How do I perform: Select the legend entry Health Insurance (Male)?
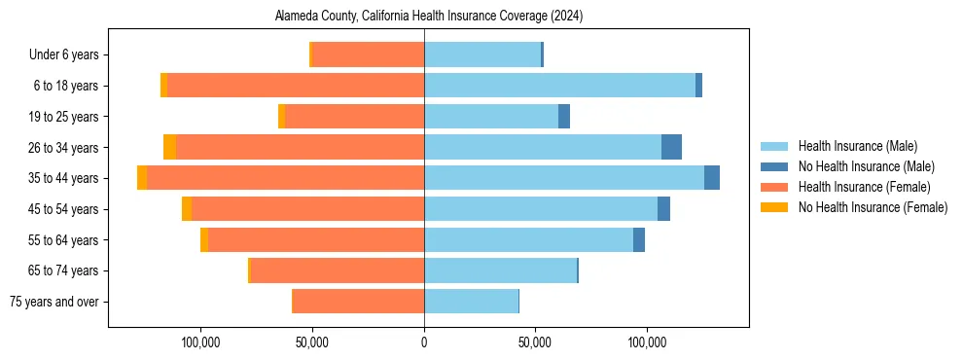pos(857,146)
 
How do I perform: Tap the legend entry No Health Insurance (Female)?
pos(873,207)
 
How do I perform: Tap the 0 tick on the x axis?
pos(424,342)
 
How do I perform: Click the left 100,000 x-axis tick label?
pos(200,342)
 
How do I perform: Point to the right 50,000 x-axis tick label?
pos(536,342)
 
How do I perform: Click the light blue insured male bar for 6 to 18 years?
pos(559,86)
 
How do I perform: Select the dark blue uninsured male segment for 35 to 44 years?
pos(712,178)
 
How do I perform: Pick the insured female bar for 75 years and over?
pos(358,302)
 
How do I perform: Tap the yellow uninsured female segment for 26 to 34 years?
pos(169,147)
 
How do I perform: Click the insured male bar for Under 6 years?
pos(481,55)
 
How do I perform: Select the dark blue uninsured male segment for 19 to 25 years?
pos(564,117)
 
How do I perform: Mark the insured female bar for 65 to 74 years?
pos(338,270)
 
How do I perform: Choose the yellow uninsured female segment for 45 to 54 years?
pos(187,208)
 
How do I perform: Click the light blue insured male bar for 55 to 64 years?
pos(528,239)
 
